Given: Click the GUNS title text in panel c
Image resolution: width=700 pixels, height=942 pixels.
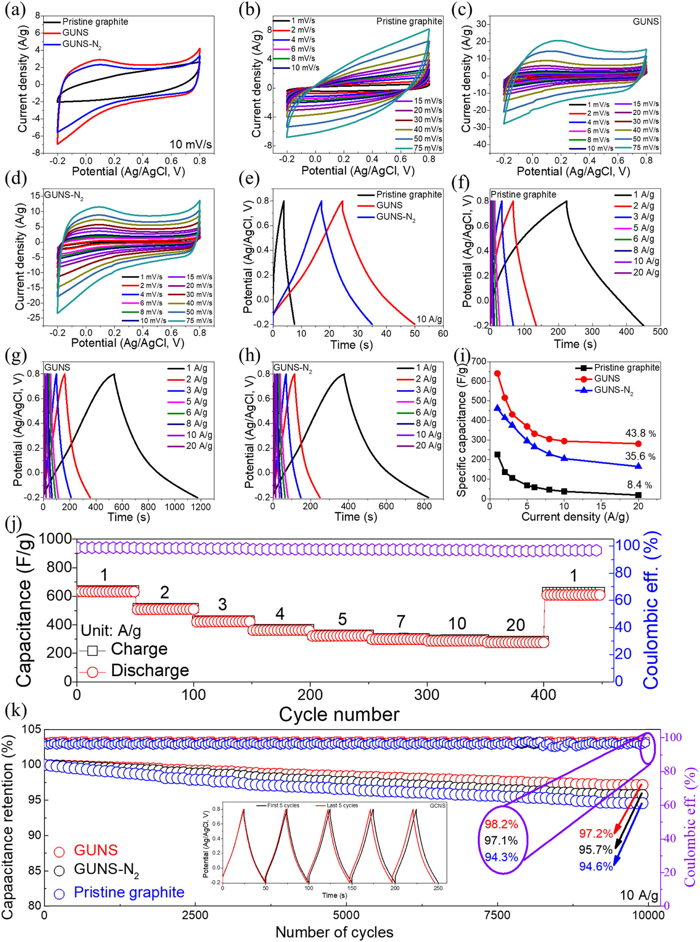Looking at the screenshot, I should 646,21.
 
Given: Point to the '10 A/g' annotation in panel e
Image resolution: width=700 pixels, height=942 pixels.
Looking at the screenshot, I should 429,319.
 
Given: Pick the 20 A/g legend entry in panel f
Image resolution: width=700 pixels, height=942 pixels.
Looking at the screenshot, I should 646,272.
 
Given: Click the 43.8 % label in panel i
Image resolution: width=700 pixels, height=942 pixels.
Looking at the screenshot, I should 640,433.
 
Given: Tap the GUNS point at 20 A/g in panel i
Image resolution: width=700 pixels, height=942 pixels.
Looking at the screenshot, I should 638,443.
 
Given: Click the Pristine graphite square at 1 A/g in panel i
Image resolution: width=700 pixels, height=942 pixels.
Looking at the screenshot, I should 497,455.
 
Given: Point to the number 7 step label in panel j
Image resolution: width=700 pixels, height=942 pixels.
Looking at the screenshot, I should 400,622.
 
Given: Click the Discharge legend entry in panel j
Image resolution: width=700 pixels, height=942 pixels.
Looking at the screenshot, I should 150,670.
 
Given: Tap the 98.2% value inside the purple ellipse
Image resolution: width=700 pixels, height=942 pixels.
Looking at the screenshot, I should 501,824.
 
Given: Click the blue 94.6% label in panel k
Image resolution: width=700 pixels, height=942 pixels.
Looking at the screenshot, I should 596,867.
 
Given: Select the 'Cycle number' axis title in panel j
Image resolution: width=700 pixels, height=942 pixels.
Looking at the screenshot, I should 339,714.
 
